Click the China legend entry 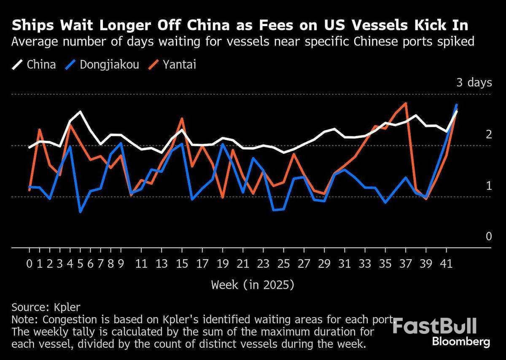(x=34, y=64)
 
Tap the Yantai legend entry (x=173, y=64)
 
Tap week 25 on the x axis (x=284, y=264)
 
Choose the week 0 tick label (x=29, y=264)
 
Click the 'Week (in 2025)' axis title (x=253, y=285)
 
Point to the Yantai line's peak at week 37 (x=406, y=103)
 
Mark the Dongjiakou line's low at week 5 (x=80, y=212)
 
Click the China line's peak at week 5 (x=80, y=112)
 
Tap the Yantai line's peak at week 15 (x=182, y=118)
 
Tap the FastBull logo (x=435, y=326)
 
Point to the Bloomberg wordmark (x=461, y=341)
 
